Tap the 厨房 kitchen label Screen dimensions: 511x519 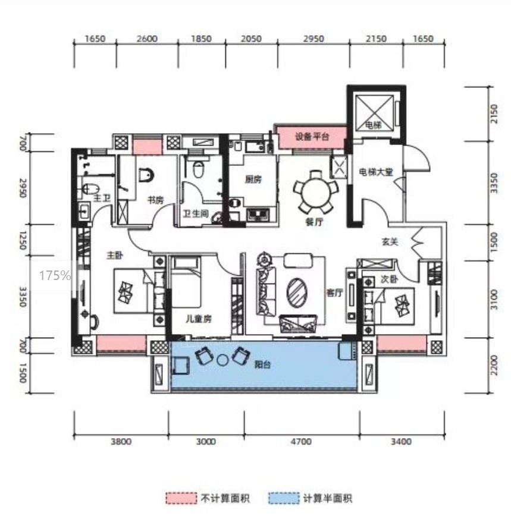click(253, 180)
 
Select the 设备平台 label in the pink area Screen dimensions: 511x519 click(312, 136)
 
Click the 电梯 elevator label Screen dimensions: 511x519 click(373, 125)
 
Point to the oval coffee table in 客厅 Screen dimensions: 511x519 click(297, 292)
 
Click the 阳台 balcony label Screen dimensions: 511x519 click(262, 365)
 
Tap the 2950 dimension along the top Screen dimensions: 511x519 click(314, 39)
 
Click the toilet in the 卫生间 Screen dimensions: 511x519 click(199, 169)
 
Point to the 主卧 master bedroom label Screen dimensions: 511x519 click(115, 255)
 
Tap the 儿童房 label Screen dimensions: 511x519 click(198, 319)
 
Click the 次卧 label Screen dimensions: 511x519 click(389, 279)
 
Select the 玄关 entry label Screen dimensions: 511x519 click(390, 242)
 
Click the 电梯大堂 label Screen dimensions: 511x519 click(376, 172)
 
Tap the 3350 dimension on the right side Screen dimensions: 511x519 click(494, 183)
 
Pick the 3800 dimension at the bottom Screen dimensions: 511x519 click(121, 442)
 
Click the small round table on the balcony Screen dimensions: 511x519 click(222, 360)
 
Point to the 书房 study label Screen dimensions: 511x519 click(156, 200)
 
